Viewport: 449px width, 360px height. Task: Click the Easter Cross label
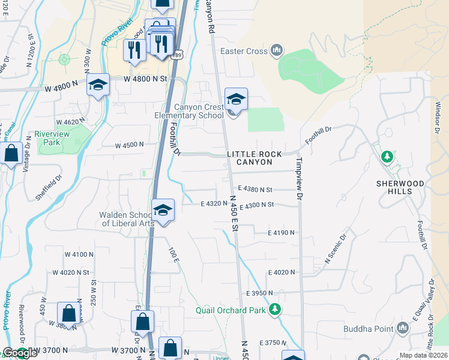(x=244, y=51)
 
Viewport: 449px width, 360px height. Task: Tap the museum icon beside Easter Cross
(x=277, y=50)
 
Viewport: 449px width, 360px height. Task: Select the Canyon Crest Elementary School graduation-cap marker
(x=236, y=100)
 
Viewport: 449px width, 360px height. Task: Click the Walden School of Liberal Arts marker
(x=163, y=211)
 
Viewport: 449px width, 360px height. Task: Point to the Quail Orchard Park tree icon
(x=275, y=310)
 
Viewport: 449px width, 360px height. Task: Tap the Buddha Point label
(x=368, y=329)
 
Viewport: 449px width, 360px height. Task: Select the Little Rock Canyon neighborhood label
(x=255, y=158)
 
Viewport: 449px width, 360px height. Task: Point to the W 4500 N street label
(x=129, y=145)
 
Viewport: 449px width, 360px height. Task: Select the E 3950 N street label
(x=259, y=293)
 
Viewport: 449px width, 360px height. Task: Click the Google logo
(x=20, y=353)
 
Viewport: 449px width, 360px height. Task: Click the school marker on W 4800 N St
(x=98, y=86)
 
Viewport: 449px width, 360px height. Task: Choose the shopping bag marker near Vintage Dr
(x=11, y=154)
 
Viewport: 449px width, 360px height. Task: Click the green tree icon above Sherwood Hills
(x=387, y=157)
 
